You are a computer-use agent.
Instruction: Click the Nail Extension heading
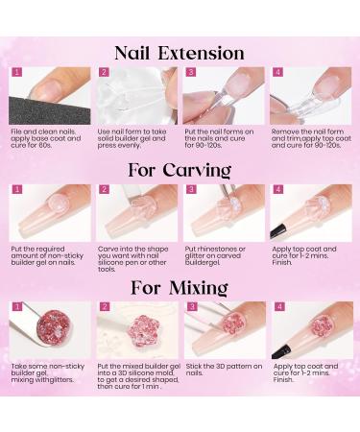tap(180, 52)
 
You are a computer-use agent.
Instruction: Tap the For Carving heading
tap(180, 169)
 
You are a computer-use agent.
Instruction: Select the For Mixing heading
tap(180, 287)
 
